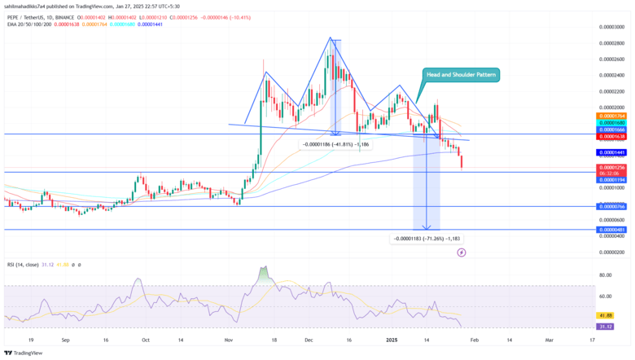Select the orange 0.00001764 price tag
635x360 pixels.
611,116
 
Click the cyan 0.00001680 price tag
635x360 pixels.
611,123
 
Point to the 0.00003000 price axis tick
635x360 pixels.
611,27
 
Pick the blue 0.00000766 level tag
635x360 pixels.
611,207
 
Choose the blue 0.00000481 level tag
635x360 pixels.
611,230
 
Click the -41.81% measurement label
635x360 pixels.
335,144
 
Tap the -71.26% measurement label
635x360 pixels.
427,239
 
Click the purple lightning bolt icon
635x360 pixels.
462,252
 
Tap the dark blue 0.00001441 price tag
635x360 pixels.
611,152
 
